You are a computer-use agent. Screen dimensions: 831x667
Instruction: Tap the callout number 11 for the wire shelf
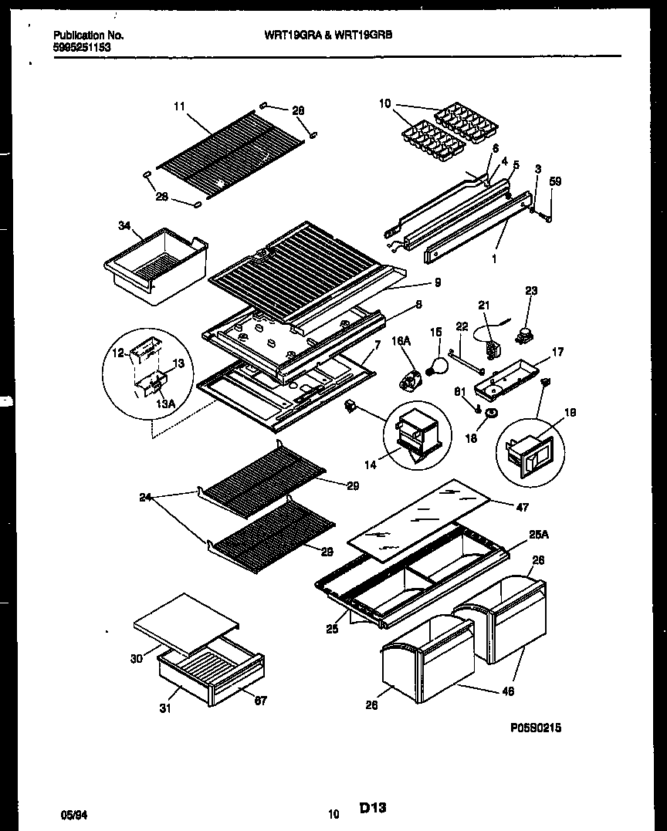point(179,107)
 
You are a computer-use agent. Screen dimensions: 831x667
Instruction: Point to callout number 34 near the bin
point(125,225)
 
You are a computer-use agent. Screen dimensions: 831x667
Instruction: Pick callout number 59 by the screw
point(555,183)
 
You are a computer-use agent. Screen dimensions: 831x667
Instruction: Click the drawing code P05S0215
point(535,727)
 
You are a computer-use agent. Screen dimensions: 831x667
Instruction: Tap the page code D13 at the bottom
point(372,808)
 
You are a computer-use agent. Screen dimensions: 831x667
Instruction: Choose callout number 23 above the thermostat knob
point(531,291)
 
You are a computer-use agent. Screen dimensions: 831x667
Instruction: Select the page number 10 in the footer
point(333,813)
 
